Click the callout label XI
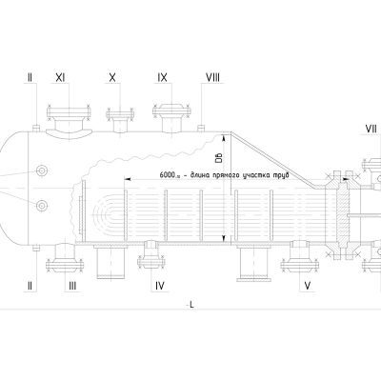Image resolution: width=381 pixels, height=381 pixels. [x=60, y=77]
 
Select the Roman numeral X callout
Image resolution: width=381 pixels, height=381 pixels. [x=112, y=77]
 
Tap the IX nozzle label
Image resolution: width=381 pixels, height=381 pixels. [x=162, y=77]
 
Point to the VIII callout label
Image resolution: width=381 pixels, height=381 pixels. [x=212, y=77]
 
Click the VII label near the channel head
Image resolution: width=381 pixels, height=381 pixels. [x=371, y=129]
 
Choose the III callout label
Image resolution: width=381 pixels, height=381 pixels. [x=72, y=286]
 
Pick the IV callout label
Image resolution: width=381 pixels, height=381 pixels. [x=160, y=286]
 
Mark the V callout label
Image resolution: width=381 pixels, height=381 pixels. [x=307, y=286]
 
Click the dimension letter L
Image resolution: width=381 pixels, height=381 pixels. [x=191, y=305]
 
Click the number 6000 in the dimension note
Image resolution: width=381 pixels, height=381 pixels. [x=167, y=175]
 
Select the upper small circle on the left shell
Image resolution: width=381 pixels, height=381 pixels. [x=41, y=171]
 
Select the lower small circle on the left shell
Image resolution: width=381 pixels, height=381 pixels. [x=41, y=206]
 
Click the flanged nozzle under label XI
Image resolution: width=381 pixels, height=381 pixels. [x=69, y=121]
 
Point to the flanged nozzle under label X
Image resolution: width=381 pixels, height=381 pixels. [x=120, y=120]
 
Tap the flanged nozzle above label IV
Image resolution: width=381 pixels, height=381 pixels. [x=151, y=254]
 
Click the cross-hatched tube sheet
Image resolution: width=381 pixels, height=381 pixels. [x=343, y=211]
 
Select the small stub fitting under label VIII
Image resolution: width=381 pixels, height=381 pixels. [x=201, y=128]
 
